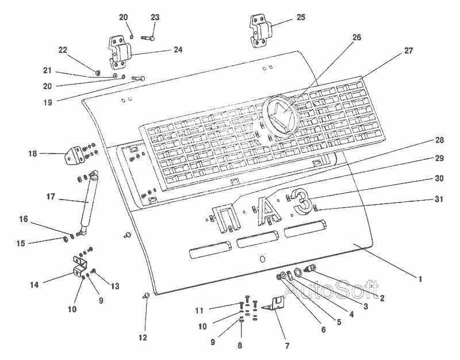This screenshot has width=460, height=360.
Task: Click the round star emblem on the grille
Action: point(280,114)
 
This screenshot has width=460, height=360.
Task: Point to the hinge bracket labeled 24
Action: point(119,53)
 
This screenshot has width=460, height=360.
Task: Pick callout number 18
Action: point(32,154)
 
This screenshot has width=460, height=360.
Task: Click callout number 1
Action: point(420,279)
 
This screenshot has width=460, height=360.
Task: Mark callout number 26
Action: point(356,38)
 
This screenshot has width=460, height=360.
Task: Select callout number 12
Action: point(143,337)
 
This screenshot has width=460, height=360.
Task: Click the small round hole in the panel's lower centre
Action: point(263,259)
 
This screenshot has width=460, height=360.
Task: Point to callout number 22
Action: point(63,51)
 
